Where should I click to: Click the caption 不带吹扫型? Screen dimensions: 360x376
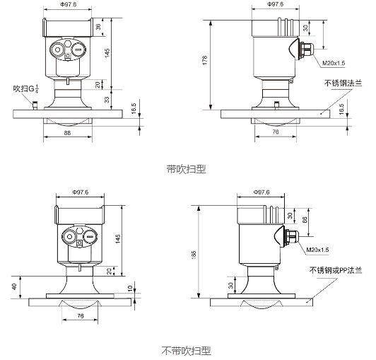(x=186, y=350)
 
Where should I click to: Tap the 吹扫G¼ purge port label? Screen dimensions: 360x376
(x=25, y=88)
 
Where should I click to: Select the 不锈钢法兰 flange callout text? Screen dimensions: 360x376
(x=342, y=83)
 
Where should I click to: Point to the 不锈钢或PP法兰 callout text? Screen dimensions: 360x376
(x=335, y=270)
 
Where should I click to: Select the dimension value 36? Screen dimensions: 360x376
(x=99, y=27)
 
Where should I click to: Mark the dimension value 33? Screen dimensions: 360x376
(x=107, y=100)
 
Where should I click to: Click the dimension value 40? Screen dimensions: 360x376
(x=13, y=286)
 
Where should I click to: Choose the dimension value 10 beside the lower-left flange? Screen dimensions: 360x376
(x=129, y=289)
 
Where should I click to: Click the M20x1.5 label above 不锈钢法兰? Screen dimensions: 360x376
(x=334, y=64)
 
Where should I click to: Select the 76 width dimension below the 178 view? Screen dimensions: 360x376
(x=275, y=132)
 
